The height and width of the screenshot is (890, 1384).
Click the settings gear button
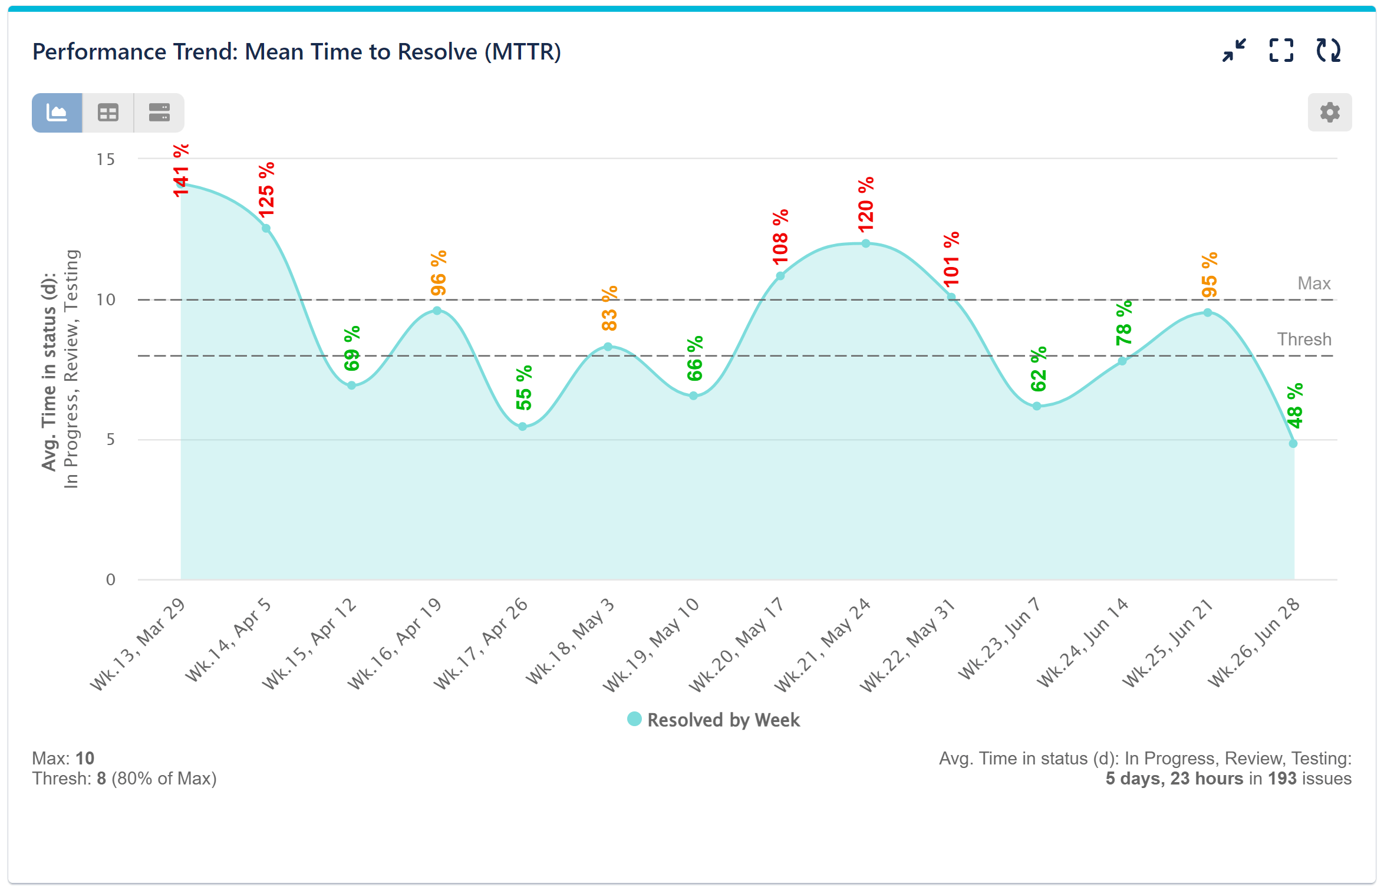tap(1329, 112)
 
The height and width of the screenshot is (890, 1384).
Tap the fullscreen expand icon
tap(1281, 50)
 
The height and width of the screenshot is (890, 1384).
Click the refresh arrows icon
tap(1328, 50)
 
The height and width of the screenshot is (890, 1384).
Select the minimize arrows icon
tap(1234, 50)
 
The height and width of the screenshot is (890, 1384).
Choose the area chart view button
tap(57, 113)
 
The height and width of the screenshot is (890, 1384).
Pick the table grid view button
tap(108, 113)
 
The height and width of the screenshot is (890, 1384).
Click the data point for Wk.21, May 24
tap(865, 243)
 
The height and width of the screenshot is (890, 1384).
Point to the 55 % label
tap(523, 388)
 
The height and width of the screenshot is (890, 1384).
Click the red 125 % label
tap(266, 189)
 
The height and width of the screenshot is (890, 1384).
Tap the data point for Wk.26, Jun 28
tap(1293, 444)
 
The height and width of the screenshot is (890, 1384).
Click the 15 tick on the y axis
tap(106, 159)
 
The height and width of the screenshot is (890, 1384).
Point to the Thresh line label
tap(1304, 339)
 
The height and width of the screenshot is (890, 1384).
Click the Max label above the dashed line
tap(1313, 284)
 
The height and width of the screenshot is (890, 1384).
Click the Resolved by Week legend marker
tap(634, 719)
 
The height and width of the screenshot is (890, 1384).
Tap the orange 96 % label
tap(438, 273)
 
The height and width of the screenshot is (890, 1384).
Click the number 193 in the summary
tap(1282, 779)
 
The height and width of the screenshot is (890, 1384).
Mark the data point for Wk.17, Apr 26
tap(522, 427)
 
